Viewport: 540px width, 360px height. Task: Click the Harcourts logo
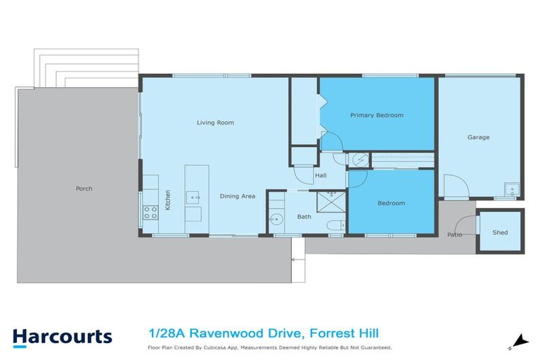(x=62, y=336)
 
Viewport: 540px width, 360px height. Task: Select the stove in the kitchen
(x=150, y=211)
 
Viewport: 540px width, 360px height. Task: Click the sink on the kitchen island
(x=193, y=196)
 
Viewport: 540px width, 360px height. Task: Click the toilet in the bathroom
(x=335, y=225)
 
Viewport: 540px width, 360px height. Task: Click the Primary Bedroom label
(x=377, y=115)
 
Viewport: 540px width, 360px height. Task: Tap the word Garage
(x=478, y=137)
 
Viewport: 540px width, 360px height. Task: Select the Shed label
(x=500, y=233)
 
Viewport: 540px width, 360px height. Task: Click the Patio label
(x=455, y=234)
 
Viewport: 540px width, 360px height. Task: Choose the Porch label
(x=84, y=188)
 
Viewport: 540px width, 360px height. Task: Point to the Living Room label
(x=215, y=122)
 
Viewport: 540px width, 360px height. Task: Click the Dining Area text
(x=237, y=196)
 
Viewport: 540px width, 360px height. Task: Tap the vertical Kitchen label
(x=167, y=200)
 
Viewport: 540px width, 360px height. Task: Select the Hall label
(x=321, y=175)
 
